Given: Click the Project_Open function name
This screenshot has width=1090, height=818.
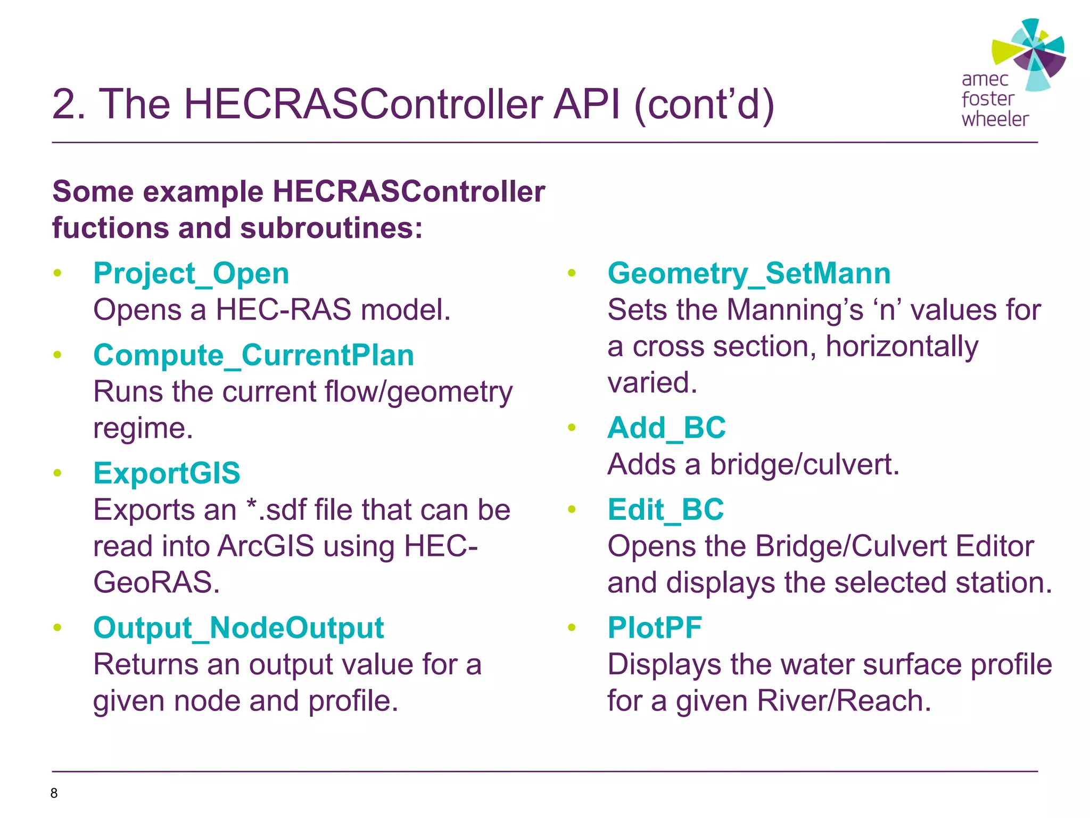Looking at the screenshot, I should click(191, 274).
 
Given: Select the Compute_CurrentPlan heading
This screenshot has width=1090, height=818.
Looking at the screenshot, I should click(253, 355).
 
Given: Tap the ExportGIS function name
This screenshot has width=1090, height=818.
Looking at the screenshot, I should click(167, 473).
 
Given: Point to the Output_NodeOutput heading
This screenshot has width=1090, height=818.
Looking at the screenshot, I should click(238, 627).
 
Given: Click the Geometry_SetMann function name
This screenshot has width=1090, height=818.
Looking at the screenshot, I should click(749, 274).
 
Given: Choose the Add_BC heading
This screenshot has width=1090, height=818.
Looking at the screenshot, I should click(666, 428).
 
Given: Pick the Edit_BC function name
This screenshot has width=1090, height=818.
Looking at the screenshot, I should click(665, 510).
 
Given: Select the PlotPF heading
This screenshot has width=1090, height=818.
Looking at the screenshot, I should click(655, 627).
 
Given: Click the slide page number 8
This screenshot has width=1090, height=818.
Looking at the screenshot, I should click(54, 793).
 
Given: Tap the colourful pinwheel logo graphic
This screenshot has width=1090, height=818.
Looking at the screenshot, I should click(1030, 53).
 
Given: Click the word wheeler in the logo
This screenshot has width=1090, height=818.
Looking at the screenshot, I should click(995, 119).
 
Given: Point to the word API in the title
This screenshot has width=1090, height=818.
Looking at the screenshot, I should click(587, 104).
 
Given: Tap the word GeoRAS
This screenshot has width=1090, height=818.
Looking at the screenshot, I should click(156, 582).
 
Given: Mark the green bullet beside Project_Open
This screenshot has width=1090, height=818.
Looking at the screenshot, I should click(57, 274).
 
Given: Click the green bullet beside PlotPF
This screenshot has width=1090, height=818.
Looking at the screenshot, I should click(572, 627).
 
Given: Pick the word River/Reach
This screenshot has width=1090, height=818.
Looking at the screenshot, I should click(844, 700).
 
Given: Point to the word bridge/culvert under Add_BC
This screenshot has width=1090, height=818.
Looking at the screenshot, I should click(804, 464).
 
